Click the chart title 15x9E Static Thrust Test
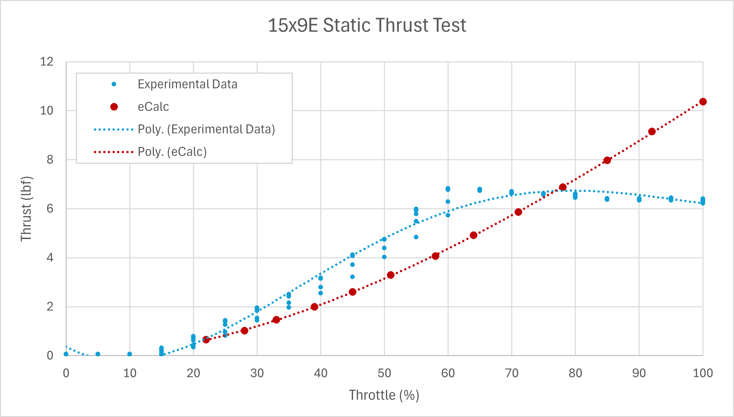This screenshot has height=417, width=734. point(367,25)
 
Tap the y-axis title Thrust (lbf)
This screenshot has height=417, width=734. point(26,209)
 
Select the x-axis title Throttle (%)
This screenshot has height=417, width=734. point(384,395)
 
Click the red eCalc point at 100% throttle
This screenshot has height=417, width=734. point(703,102)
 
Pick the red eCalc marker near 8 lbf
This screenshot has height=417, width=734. point(607,160)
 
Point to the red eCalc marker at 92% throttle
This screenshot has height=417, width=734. point(652,132)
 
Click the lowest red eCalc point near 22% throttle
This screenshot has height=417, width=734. point(206,340)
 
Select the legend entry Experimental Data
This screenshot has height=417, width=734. point(187,84)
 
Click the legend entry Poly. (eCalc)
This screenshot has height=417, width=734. point(172,152)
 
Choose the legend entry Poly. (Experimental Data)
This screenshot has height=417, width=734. point(206,129)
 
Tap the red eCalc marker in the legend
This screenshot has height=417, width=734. point(114,107)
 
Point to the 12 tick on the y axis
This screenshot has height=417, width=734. point(47,62)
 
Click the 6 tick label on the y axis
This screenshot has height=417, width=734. point(50,208)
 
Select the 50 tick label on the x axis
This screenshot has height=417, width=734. point(384,373)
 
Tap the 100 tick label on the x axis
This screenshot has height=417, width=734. point(703,373)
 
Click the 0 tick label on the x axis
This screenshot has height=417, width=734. point(66,373)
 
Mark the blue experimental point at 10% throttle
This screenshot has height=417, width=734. point(130,354)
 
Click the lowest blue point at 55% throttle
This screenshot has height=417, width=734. point(416,237)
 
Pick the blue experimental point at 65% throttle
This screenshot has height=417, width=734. point(480,190)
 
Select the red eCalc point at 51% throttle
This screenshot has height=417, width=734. point(391,275)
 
